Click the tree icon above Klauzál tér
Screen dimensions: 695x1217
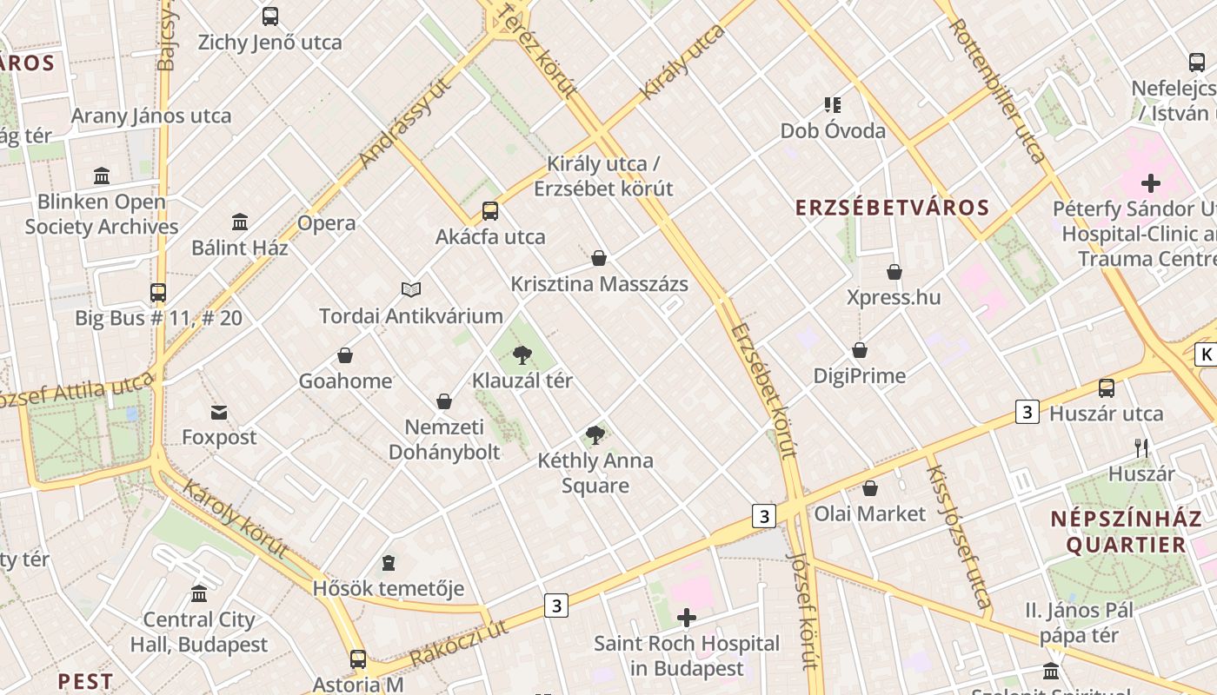(x=522, y=354)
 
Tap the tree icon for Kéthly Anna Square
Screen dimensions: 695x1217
(x=595, y=435)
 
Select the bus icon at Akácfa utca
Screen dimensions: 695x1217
(x=490, y=210)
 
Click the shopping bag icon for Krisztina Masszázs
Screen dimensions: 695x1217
(x=599, y=258)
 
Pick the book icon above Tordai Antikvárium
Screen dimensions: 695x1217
(x=411, y=289)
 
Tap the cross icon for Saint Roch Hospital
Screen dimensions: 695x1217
(x=687, y=618)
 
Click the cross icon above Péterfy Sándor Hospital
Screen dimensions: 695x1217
(x=1151, y=183)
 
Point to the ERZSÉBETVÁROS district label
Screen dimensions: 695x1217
(x=893, y=208)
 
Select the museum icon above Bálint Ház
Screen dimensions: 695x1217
(x=240, y=222)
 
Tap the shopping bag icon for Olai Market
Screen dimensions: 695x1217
(x=870, y=488)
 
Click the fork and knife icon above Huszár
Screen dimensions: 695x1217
(x=1141, y=448)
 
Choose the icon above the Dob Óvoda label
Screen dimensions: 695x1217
(x=833, y=105)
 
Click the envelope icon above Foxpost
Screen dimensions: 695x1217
(x=219, y=412)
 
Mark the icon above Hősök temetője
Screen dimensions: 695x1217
(x=389, y=563)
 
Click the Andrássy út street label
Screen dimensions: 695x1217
(x=407, y=123)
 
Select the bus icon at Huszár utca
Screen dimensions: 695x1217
(x=1107, y=388)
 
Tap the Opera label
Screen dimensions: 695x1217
(x=327, y=223)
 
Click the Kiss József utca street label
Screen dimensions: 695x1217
(x=958, y=536)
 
